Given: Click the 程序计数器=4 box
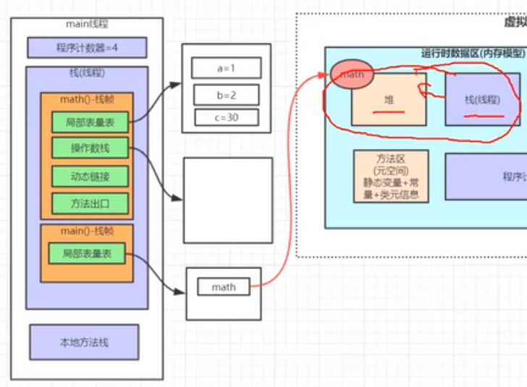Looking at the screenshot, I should click(87, 48).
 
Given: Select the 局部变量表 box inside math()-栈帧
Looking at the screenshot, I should click(90, 124).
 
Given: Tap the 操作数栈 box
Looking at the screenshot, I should click(90, 149).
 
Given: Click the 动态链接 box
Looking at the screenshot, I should click(90, 176).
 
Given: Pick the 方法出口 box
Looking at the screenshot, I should click(90, 202).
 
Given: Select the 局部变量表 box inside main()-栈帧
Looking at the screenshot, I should click(87, 253).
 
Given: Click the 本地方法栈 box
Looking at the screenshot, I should click(84, 342).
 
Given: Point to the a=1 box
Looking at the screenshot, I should click(226, 68).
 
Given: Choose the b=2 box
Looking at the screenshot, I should click(226, 94).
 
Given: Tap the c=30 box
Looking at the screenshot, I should click(226, 117).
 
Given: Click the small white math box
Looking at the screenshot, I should click(224, 287).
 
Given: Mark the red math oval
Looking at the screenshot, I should click(353, 74).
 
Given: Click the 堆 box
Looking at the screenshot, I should click(389, 99).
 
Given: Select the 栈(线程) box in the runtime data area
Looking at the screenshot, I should click(482, 100).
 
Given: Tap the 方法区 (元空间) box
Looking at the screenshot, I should click(391, 176).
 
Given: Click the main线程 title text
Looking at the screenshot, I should click(87, 25).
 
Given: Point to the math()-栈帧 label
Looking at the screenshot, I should click(87, 99).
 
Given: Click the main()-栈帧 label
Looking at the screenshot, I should click(87, 230).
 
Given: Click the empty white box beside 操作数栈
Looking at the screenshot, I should click(227, 200).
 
